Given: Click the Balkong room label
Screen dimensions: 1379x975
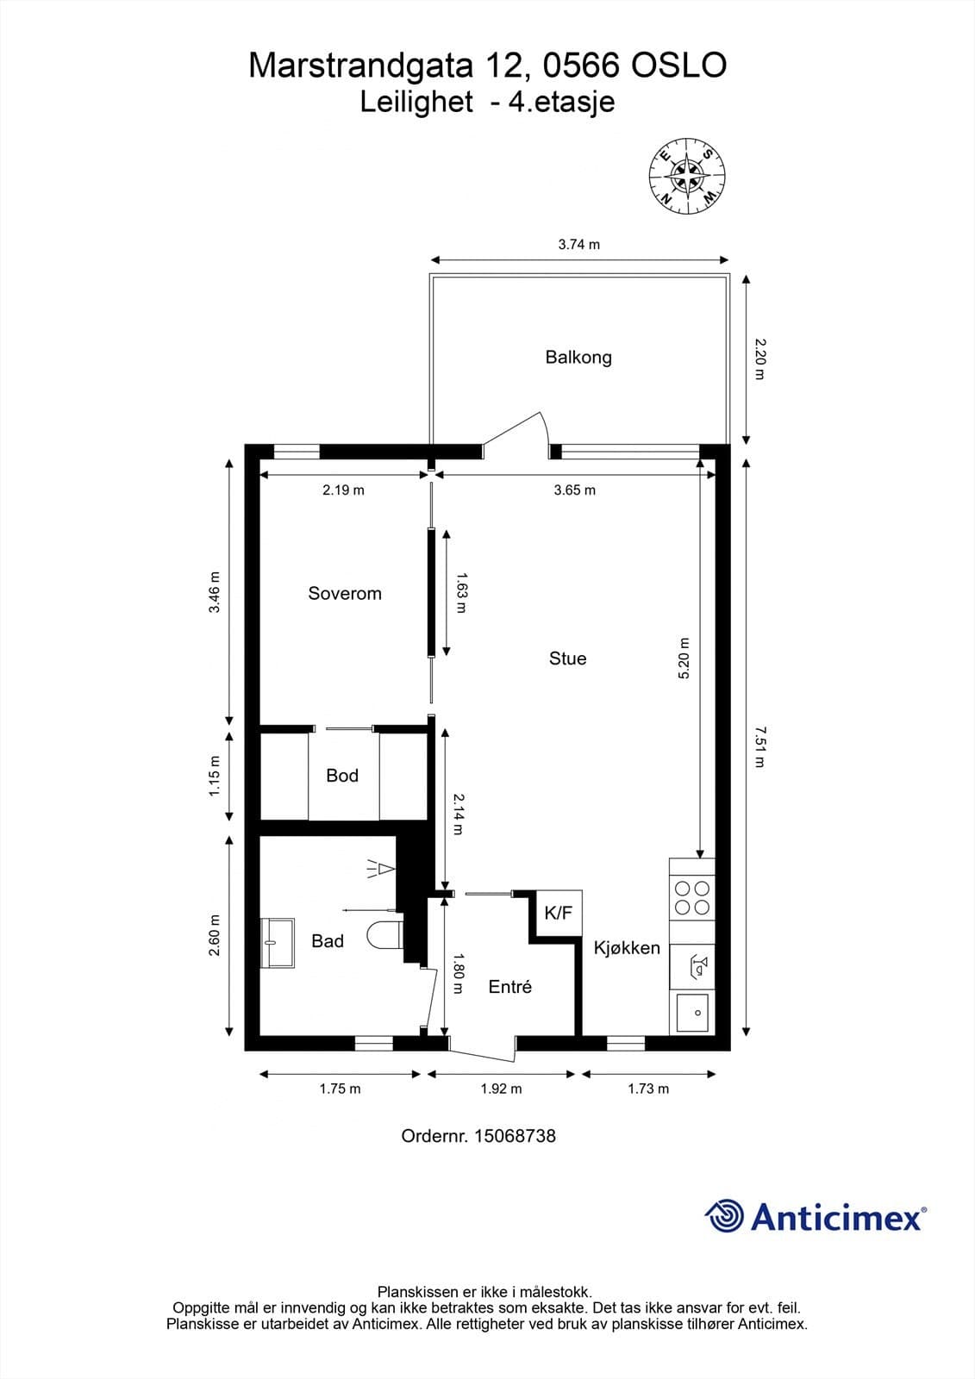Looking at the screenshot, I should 578,357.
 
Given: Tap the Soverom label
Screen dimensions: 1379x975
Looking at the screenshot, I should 344,593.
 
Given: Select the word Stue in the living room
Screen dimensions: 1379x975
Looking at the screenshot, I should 567,658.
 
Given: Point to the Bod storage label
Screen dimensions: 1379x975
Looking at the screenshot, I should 341,776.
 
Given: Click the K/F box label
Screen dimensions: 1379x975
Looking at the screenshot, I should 558,913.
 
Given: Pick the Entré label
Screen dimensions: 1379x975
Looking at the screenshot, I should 509,987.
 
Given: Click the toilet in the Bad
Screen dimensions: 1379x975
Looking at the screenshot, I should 384,937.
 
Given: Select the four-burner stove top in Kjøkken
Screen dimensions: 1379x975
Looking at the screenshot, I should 692,897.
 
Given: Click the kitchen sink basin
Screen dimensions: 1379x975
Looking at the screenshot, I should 692,1013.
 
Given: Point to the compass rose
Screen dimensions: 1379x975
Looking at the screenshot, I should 686,176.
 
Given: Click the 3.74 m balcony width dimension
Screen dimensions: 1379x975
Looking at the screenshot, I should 578,245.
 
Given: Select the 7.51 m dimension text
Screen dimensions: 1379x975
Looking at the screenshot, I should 759,747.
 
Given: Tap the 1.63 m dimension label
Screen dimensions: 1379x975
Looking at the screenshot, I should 460,592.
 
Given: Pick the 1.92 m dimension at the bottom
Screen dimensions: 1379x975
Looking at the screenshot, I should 501,1089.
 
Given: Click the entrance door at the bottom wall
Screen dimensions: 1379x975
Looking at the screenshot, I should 483,1049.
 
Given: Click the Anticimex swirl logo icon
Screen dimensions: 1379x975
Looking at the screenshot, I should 724,1216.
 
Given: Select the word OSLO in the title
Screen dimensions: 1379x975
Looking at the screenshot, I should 679,66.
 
